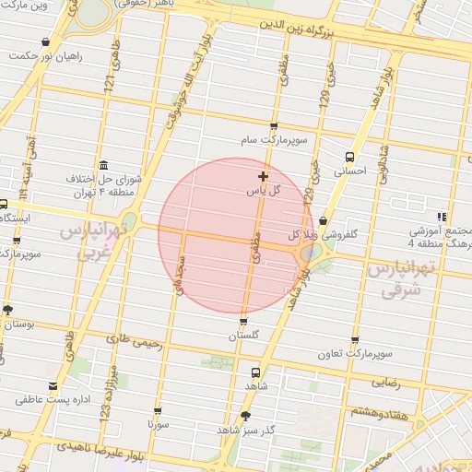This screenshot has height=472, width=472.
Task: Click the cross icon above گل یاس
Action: pos(264,175)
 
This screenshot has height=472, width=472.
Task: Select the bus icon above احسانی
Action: pos(348,157)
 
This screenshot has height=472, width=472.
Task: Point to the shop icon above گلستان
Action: pos(243,322)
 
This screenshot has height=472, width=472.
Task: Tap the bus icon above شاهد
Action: pos(256,372)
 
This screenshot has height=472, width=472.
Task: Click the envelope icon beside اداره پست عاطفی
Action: pos(52,385)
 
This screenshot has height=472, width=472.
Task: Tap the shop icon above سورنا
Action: pos(158,411)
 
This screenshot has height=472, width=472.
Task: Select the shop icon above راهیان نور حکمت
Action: pos(46,41)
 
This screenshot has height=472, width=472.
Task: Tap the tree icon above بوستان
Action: pos(8,310)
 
